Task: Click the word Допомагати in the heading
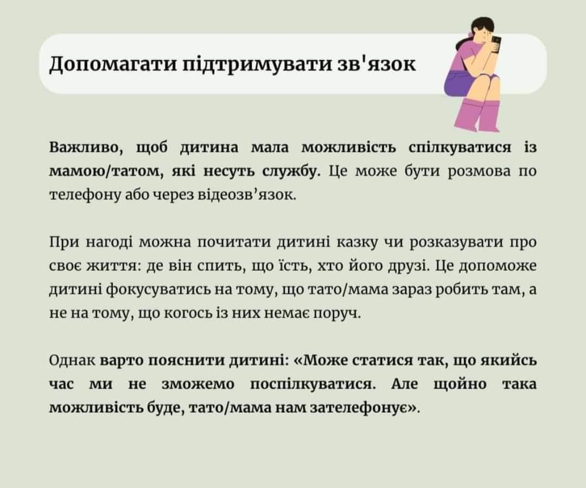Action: click(113, 64)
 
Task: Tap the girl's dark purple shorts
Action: click(459, 85)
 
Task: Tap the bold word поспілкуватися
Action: click(313, 384)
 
